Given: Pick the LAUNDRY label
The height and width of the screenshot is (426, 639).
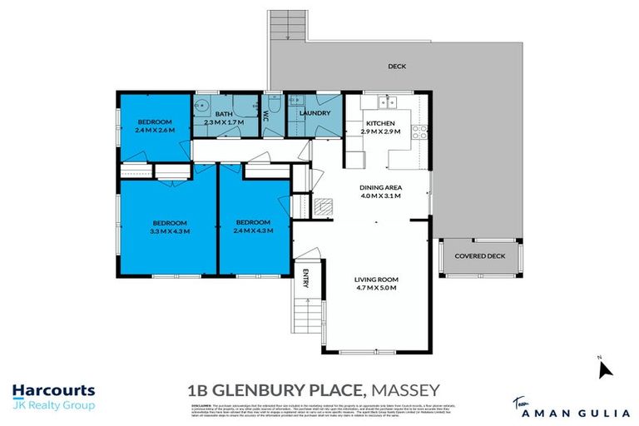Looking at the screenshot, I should coord(315,113).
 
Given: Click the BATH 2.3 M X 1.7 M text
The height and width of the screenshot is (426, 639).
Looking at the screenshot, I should coord(225,118).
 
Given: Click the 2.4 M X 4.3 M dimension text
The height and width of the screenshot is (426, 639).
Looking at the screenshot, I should coord(252,231).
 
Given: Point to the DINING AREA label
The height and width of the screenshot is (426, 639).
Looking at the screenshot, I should coord(380,188).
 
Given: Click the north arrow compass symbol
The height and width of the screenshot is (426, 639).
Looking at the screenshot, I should coord(604,368).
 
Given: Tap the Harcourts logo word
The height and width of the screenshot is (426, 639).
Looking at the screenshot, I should coord(53,390).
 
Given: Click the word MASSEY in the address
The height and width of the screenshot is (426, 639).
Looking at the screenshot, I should coord(404,389).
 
